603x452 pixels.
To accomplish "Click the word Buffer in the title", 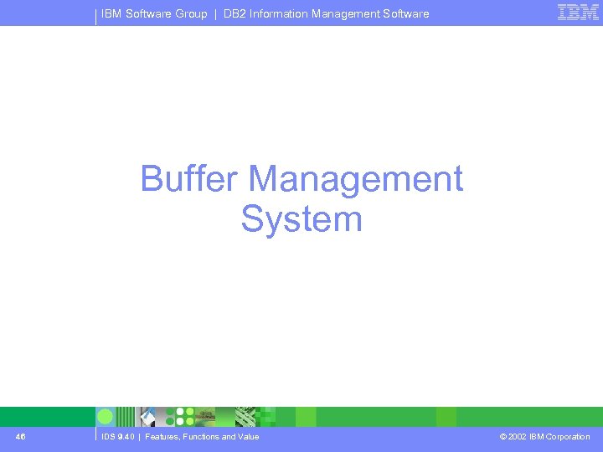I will tap(190, 179).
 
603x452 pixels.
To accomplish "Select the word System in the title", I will tap(301, 219).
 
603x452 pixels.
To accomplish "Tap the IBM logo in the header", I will tap(578, 12).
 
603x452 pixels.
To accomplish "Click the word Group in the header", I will tap(191, 13).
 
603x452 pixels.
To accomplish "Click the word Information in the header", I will tap(281, 13).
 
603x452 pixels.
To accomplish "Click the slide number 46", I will tap(20, 437).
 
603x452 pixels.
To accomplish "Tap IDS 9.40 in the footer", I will tap(117, 437).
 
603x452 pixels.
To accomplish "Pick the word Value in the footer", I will tap(248, 437).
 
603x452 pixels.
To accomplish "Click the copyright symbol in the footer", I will tap(502, 437).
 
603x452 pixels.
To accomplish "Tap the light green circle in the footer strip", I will tap(106, 417).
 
